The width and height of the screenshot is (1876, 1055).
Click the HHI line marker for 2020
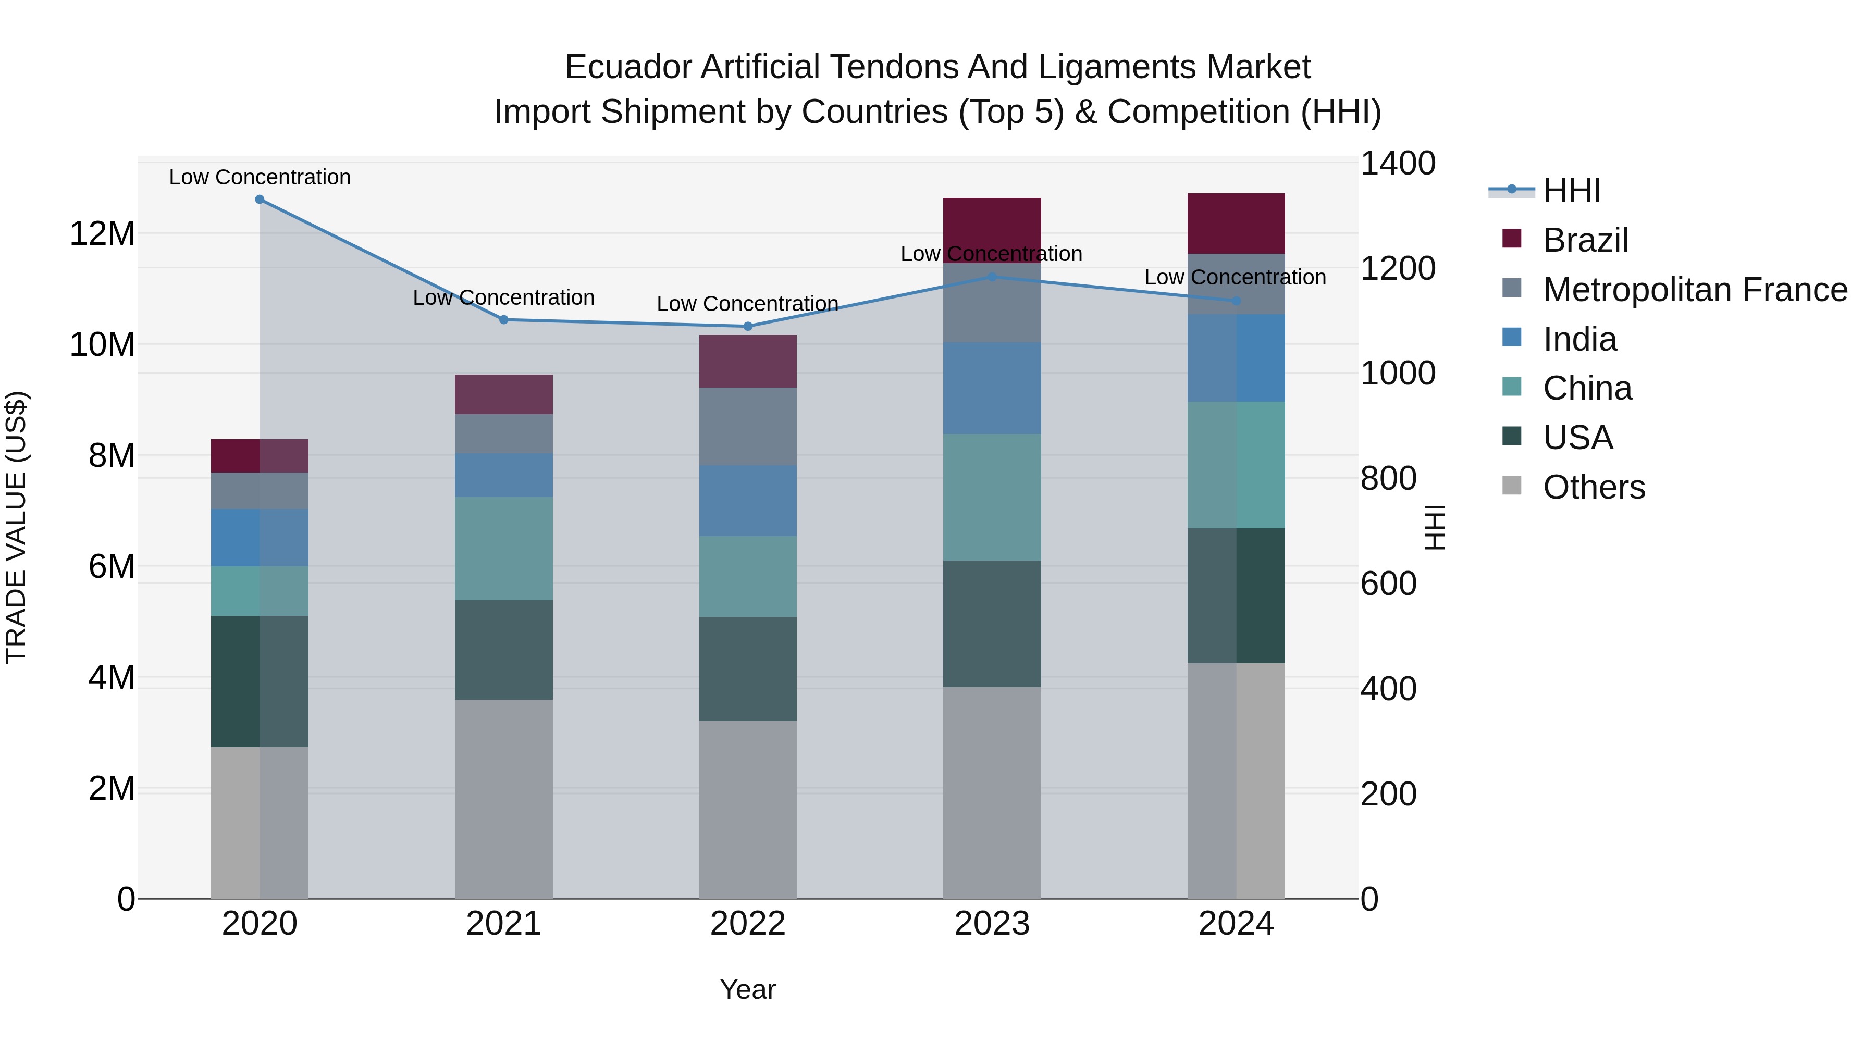260,200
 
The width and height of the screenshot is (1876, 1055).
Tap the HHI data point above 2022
747,326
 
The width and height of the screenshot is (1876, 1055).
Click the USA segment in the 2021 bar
503,650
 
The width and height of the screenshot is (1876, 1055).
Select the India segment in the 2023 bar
992,388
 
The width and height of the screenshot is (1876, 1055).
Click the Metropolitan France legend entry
1695,290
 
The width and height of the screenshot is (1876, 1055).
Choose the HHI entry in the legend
1572,191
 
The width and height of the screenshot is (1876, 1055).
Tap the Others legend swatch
1512,486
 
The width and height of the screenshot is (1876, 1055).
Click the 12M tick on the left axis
102,234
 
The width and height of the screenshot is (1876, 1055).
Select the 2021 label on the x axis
503,924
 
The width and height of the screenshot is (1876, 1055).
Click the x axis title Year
747,989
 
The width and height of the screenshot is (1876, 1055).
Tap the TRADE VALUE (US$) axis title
17,527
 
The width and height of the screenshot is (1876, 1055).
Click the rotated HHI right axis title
1434,527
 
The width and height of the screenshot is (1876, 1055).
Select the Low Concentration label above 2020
260,177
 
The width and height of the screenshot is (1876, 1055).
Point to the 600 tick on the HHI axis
1388,584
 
